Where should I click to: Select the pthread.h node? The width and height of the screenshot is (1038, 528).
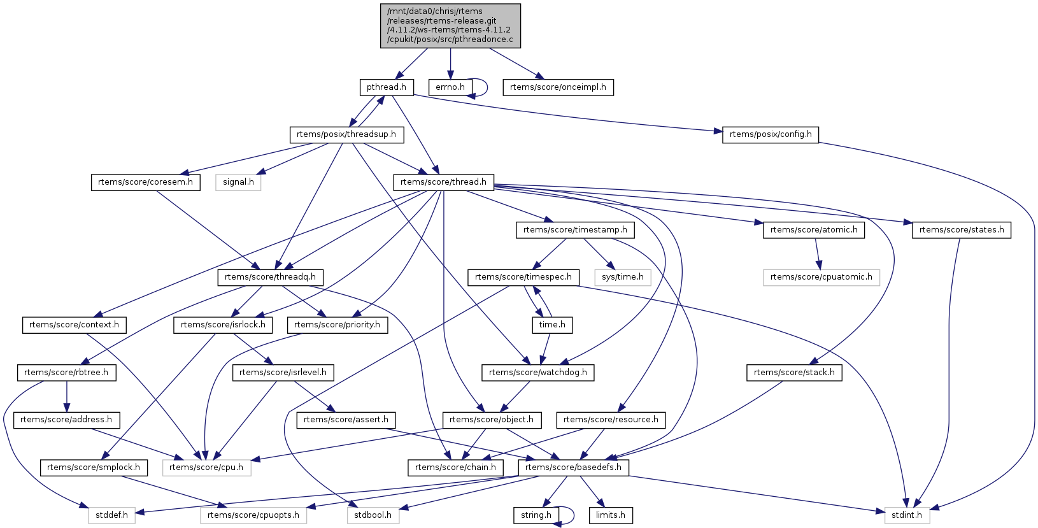(387, 87)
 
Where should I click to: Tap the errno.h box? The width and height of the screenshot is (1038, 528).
(450, 87)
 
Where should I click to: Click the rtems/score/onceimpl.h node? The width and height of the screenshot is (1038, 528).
(558, 87)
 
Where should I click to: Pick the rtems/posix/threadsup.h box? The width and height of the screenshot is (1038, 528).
(346, 134)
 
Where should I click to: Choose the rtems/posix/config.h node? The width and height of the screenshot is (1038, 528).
(771, 134)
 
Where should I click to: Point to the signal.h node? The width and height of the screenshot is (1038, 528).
(239, 182)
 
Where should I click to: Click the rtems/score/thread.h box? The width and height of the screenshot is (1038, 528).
(444, 182)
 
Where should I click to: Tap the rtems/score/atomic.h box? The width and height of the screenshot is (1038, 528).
(814, 230)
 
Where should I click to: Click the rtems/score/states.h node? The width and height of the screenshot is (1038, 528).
(962, 230)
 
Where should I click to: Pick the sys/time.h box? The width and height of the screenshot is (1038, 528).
(623, 277)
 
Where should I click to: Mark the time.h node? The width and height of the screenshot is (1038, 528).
(552, 325)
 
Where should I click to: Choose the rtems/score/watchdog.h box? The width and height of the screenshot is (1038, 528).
(538, 373)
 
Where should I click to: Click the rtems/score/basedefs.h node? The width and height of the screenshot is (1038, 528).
(574, 467)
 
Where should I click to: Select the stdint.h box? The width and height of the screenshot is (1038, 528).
(907, 515)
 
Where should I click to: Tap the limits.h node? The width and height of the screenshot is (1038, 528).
(611, 515)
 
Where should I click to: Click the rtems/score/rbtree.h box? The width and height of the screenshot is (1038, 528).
(66, 373)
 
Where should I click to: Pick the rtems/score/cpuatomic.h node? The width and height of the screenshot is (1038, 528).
(821, 277)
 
